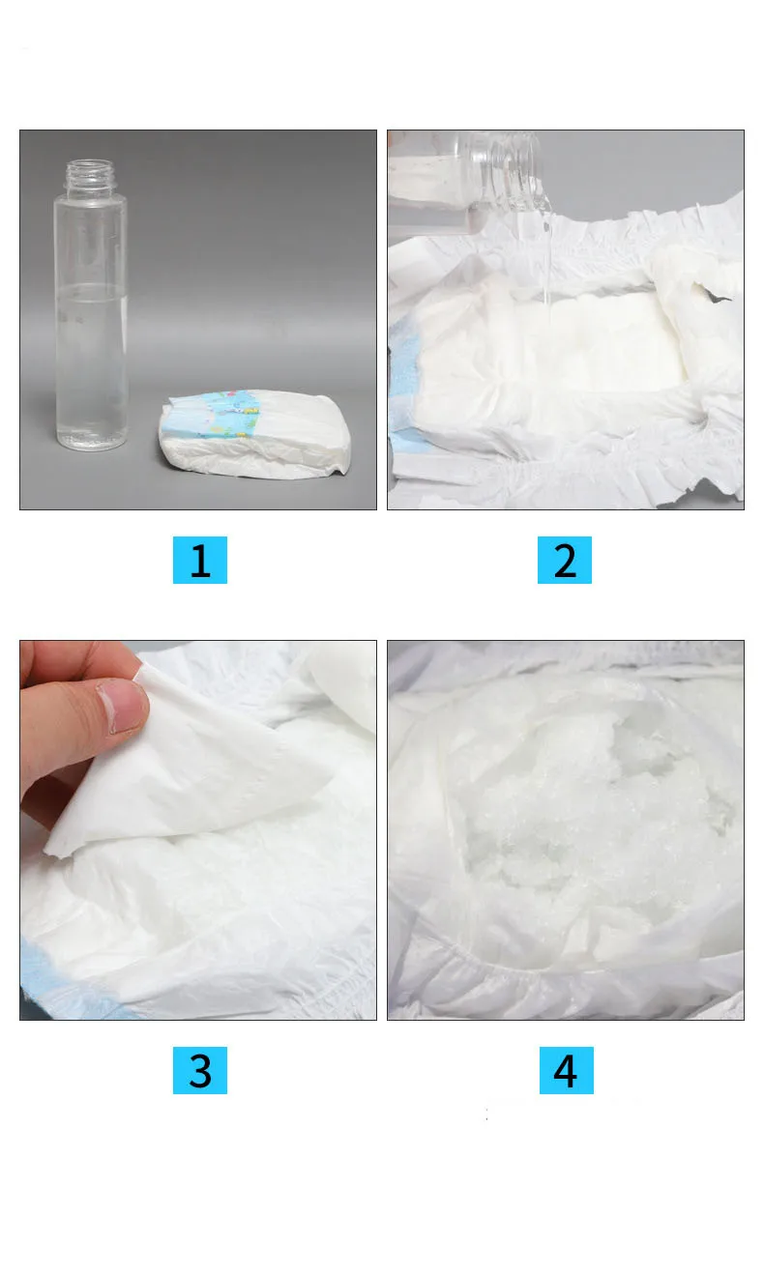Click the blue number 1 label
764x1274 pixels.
point(199,560)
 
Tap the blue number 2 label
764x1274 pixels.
point(565,560)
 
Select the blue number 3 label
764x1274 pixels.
point(199,1070)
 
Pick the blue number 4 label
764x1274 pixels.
point(566,1070)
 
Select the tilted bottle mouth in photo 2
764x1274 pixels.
point(509,171)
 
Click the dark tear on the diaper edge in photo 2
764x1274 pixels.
point(714,292)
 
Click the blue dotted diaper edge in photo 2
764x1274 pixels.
point(404,369)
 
